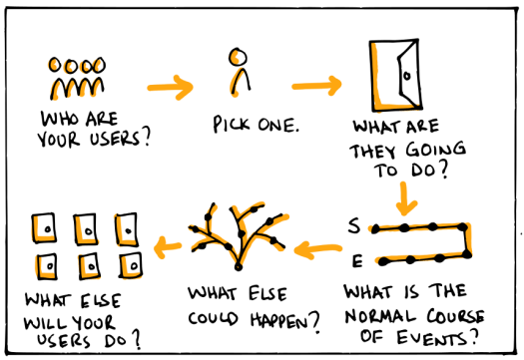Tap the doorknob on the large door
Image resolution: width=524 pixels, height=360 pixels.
[x=406, y=76]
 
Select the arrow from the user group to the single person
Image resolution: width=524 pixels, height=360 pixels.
[x=170, y=88]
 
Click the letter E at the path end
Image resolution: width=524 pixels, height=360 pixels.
[x=356, y=261]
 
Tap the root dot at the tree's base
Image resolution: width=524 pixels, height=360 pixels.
[x=238, y=266]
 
